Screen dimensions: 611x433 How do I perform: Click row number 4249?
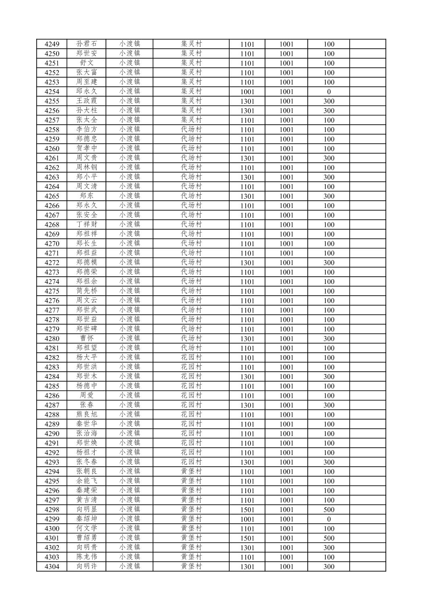click(52, 44)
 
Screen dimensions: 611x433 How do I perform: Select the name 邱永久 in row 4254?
click(87, 91)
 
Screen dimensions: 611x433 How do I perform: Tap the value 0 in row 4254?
click(329, 92)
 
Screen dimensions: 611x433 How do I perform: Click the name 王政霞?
click(87, 101)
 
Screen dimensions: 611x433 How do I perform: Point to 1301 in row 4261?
click(247, 158)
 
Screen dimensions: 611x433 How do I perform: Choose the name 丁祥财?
click(87, 224)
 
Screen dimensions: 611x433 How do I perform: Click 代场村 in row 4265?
click(191, 196)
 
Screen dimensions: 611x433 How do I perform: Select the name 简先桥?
click(87, 291)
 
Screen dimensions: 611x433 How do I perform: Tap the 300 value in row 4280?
click(329, 339)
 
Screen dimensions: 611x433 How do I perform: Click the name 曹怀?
click(87, 338)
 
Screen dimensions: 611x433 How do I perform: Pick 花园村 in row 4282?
click(191, 358)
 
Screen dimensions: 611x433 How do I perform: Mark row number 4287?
click(52, 405)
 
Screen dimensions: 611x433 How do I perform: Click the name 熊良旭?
click(87, 414)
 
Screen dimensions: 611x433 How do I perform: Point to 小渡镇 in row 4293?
click(129, 462)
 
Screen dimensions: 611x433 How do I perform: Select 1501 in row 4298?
click(247, 510)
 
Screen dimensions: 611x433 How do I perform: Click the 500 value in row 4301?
click(329, 538)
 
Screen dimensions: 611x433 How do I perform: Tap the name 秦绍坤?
click(87, 519)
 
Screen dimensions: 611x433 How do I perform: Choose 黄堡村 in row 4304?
click(191, 566)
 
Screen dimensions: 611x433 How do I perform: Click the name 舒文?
click(87, 63)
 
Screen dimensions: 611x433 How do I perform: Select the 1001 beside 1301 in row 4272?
click(286, 263)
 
